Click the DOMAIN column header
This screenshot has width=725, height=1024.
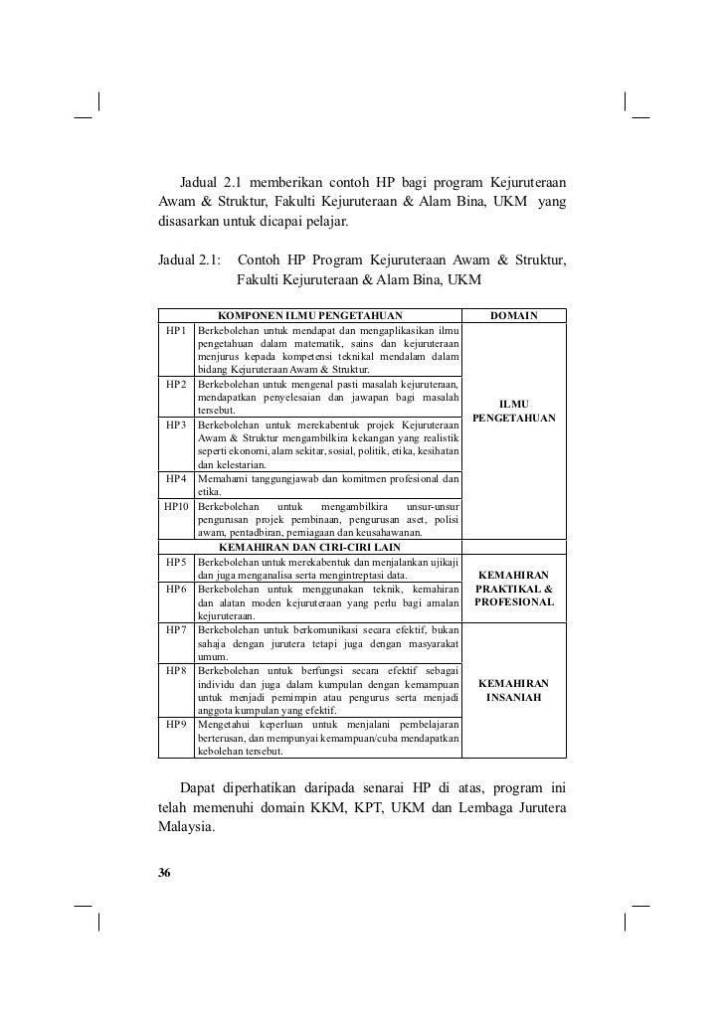pos(514,316)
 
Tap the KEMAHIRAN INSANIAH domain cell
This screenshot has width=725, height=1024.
pos(513,691)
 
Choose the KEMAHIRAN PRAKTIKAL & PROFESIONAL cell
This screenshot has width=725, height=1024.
pos(513,589)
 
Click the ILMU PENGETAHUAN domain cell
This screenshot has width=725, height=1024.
pos(513,411)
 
